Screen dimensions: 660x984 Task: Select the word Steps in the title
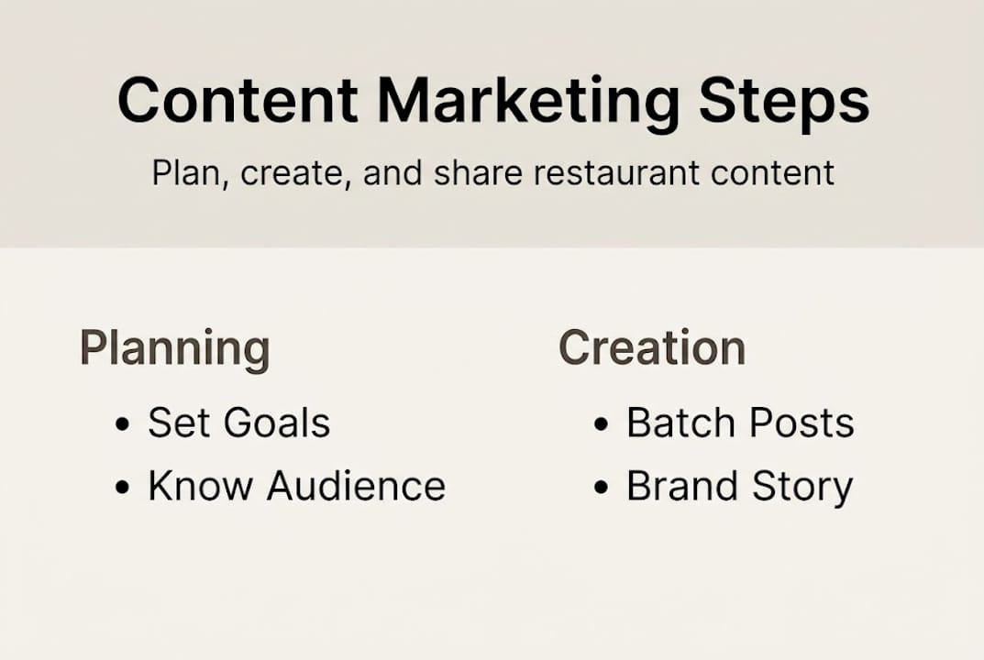click(783, 103)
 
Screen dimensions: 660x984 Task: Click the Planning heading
click(174, 349)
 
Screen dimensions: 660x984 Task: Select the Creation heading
click(651, 348)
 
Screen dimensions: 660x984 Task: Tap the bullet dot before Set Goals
click(123, 425)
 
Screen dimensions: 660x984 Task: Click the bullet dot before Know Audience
click(123, 488)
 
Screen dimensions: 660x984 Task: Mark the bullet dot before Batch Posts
click(602, 425)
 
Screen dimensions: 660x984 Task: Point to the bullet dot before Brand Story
click(602, 488)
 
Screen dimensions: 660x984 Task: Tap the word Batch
click(678, 423)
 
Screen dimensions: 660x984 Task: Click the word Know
click(201, 487)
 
